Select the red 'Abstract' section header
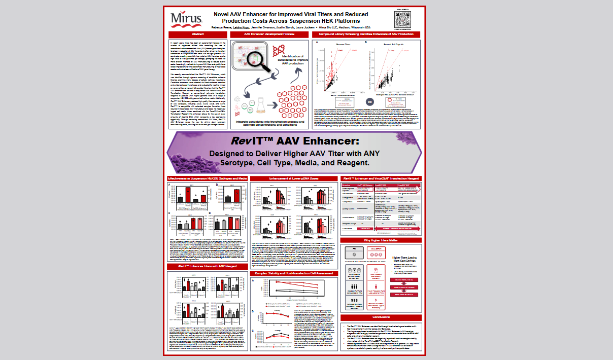(198, 34)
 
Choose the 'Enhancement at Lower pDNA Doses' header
(293, 179)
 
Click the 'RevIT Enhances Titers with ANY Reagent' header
(208, 266)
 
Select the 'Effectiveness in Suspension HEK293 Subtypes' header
(208, 179)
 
